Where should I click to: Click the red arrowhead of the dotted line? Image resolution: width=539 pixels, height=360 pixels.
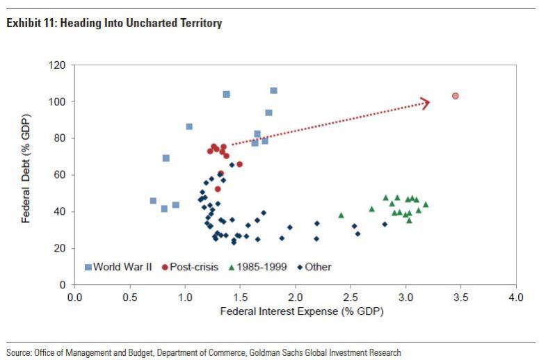click(426, 103)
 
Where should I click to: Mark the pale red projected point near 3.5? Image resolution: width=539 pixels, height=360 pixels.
click(456, 96)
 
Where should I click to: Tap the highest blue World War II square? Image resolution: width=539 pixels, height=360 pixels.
click(273, 90)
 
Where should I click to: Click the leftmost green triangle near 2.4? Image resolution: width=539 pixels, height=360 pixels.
click(341, 215)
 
